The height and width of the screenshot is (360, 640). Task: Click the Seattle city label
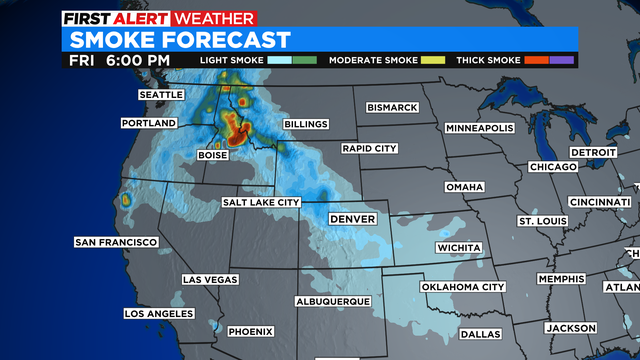tap(162, 94)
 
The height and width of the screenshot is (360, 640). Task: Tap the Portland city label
tap(149, 123)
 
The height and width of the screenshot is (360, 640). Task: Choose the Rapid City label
tap(369, 148)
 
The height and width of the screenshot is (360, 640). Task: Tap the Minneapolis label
tap(479, 129)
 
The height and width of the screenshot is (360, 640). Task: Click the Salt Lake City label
tap(262, 202)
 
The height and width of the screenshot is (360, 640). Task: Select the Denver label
tap(351, 218)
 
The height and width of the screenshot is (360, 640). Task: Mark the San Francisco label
tap(116, 242)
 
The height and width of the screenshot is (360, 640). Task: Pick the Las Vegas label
tap(210, 280)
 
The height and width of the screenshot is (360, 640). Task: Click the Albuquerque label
tap(333, 301)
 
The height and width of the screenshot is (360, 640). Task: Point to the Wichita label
tap(459, 247)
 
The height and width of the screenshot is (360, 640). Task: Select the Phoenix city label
tap(250, 331)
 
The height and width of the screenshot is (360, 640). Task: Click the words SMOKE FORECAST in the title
tap(180, 40)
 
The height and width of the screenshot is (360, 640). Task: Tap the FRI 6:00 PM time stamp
tap(120, 60)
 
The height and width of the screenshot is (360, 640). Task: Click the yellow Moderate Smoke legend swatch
tap(433, 60)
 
